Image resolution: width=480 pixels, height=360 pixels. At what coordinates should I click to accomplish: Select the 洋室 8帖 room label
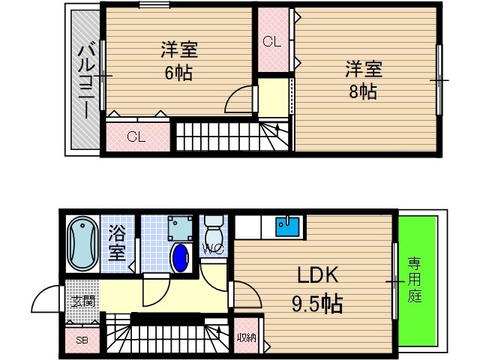[x=364, y=80]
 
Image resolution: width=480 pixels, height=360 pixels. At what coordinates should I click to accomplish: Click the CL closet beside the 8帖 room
[x=273, y=42]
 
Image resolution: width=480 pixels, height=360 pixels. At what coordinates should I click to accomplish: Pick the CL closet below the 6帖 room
[x=136, y=136]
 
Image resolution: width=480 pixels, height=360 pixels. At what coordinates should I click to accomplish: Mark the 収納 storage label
[x=245, y=337]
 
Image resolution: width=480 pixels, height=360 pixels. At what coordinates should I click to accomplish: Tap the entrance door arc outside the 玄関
[x=46, y=301]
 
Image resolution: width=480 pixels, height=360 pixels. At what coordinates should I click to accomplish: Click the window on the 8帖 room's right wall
[x=439, y=79]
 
